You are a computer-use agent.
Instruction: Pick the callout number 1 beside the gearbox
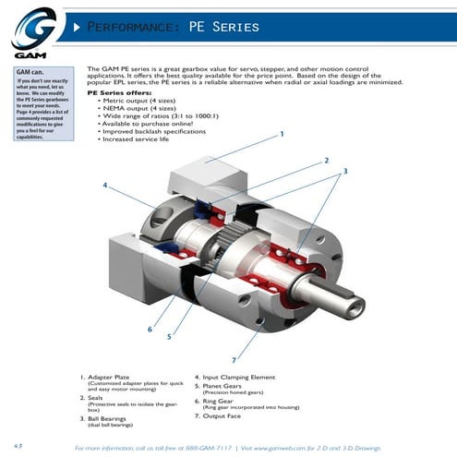pyautogui.click(x=281, y=135)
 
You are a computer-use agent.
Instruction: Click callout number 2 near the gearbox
pyautogui.click(x=326, y=161)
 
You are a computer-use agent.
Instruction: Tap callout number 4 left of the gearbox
pyautogui.click(x=106, y=186)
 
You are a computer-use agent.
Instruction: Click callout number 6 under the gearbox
pyautogui.click(x=150, y=328)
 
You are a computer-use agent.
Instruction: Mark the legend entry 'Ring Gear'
pyautogui.click(x=220, y=402)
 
